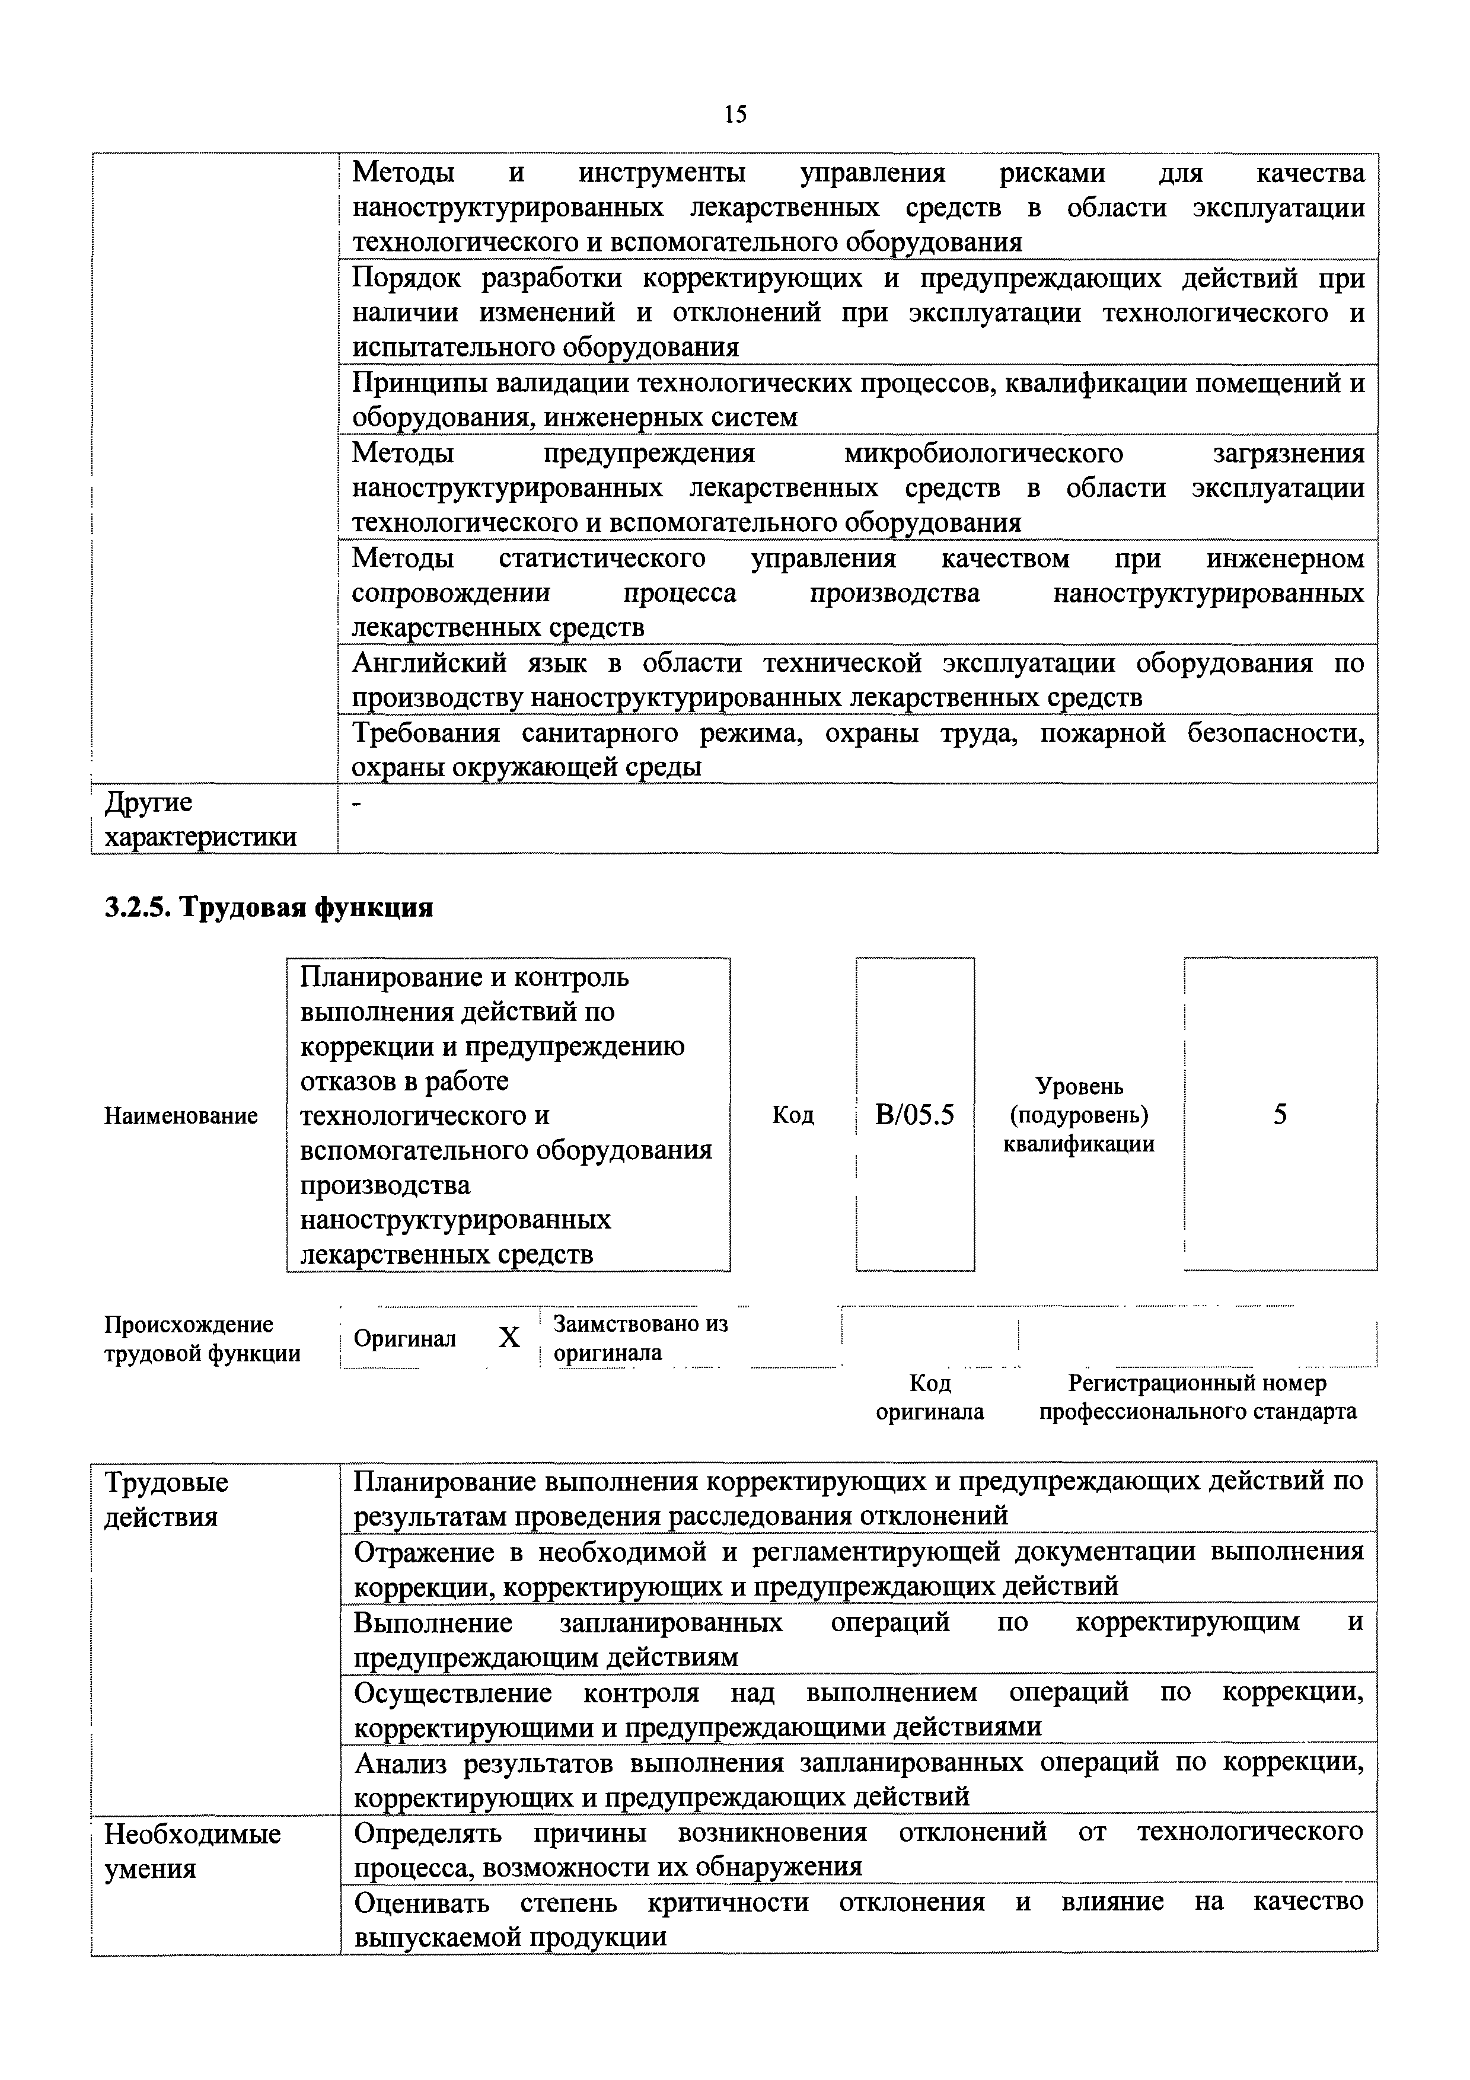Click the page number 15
(735, 114)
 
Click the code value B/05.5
(915, 1114)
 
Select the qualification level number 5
(1280, 1114)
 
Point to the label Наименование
(181, 1115)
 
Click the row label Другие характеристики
(200, 819)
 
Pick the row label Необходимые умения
(192, 1851)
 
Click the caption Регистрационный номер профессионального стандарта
(1197, 1397)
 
